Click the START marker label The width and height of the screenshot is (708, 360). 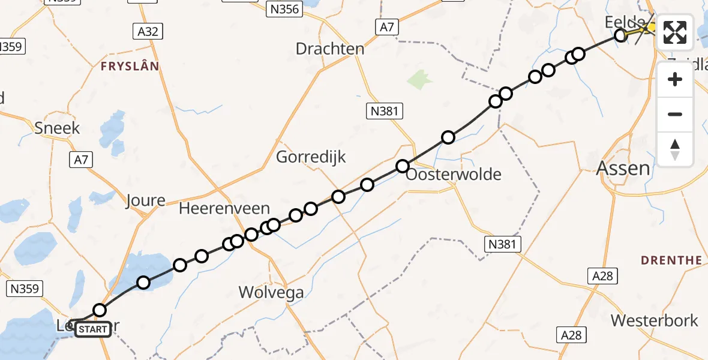(x=94, y=329)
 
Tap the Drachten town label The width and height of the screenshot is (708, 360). (x=330, y=49)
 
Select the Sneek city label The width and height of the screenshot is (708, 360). (x=57, y=128)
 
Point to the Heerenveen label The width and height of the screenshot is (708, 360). (x=224, y=209)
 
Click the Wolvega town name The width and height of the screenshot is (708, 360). (x=271, y=293)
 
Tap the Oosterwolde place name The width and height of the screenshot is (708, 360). (x=453, y=175)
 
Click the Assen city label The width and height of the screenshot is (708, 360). (x=623, y=168)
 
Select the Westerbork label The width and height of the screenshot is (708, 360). (x=655, y=320)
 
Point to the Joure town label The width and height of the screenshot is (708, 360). (x=145, y=200)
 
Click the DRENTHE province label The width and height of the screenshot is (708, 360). (x=671, y=260)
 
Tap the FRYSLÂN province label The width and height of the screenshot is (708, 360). (x=130, y=66)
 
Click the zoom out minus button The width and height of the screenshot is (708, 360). (x=675, y=114)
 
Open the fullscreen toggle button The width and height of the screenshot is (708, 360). (x=675, y=32)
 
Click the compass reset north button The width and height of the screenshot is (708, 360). (x=675, y=149)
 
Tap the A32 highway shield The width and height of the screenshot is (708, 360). (x=148, y=32)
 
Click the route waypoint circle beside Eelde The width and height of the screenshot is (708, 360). (x=621, y=36)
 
